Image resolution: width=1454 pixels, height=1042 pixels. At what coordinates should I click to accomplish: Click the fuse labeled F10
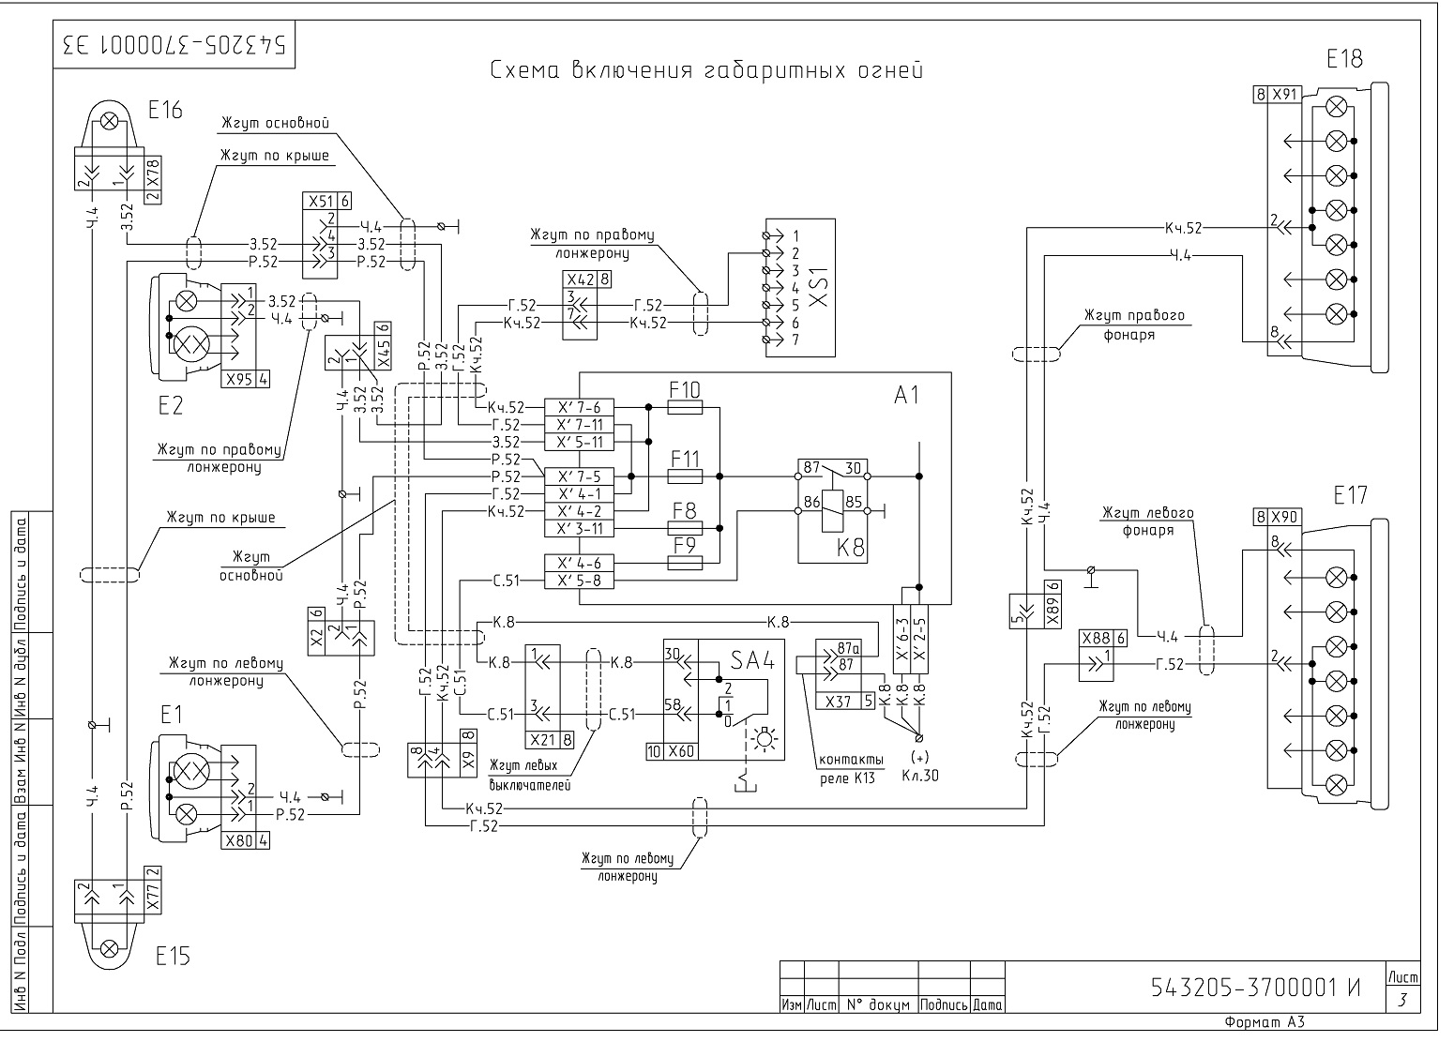tap(685, 407)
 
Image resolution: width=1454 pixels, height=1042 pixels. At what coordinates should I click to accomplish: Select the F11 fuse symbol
tap(685, 476)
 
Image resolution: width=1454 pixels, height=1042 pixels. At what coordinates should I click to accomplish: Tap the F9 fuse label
tap(685, 546)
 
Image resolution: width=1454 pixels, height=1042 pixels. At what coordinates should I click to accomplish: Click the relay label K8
tap(850, 549)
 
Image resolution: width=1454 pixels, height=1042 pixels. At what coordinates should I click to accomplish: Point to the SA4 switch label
tap(753, 660)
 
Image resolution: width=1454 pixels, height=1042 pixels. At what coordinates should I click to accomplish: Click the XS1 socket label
tap(819, 287)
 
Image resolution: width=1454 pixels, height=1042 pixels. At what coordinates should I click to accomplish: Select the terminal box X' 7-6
tap(579, 407)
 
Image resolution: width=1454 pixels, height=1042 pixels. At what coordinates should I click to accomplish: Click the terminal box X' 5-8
tap(579, 581)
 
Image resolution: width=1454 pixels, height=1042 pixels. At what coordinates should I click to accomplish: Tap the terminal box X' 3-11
tap(579, 529)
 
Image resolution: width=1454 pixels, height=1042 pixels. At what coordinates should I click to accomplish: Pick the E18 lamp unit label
tap(1344, 60)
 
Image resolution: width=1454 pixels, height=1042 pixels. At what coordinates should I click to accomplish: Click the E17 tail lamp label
tap(1350, 496)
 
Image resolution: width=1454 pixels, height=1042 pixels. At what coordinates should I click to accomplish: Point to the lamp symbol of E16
tap(110, 121)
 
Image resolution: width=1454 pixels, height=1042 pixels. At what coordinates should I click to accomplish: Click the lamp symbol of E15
tap(110, 948)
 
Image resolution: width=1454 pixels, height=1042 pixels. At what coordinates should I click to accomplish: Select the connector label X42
tap(580, 279)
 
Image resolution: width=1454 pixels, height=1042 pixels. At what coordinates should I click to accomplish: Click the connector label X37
tap(838, 702)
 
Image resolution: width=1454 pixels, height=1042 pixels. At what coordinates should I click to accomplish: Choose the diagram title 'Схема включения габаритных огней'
tap(706, 70)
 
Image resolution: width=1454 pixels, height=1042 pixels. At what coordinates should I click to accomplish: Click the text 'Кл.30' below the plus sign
tap(920, 776)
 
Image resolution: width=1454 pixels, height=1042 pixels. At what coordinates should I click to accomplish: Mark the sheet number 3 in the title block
tap(1402, 1000)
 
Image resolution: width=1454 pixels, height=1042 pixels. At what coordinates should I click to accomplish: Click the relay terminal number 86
tap(811, 502)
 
